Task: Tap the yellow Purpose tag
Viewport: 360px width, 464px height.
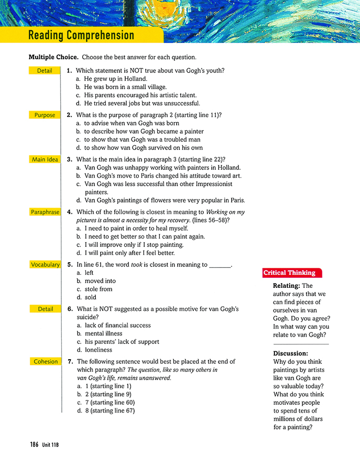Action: (x=45, y=115)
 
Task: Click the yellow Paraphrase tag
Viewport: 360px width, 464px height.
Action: (x=45, y=212)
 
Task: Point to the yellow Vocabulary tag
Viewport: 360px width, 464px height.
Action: (x=45, y=265)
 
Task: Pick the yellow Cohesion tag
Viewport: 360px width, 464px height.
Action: (x=45, y=362)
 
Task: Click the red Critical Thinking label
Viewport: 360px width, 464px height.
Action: (x=289, y=273)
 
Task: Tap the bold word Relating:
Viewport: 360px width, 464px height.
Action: (x=287, y=286)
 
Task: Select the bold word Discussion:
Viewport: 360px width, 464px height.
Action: (x=291, y=353)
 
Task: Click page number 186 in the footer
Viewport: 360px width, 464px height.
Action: (x=34, y=444)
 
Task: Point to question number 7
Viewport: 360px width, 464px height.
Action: (x=70, y=362)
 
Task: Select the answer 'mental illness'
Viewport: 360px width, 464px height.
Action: (x=103, y=333)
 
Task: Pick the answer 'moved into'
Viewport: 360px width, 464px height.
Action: (x=100, y=281)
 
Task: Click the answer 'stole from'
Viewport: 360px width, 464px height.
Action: (x=98, y=289)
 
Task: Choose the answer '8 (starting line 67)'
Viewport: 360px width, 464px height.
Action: (x=109, y=411)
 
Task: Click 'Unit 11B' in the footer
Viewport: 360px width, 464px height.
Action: (x=51, y=445)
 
